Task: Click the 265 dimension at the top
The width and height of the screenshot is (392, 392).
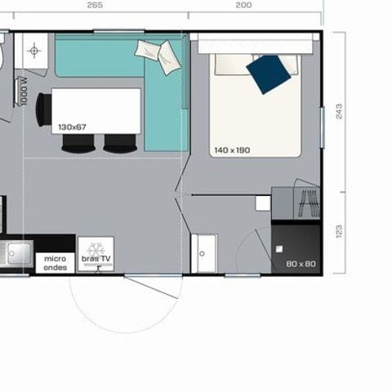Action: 94,5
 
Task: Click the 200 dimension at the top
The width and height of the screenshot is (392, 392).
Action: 243,5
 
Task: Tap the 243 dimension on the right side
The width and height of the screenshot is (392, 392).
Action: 339,111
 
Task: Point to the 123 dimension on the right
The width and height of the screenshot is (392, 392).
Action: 339,233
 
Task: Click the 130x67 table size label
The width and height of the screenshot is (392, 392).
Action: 72,127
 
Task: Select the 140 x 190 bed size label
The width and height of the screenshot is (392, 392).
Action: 232,150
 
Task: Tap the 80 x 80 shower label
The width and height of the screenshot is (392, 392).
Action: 301,264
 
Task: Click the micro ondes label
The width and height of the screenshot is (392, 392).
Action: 56,263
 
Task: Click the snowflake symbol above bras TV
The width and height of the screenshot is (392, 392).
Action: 96,247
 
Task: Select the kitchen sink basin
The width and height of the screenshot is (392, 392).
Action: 16,254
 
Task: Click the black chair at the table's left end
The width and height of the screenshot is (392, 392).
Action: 42,109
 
